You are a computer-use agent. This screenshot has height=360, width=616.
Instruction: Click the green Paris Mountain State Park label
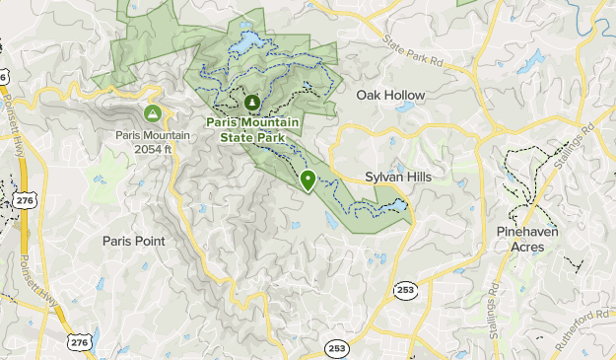coord(250,128)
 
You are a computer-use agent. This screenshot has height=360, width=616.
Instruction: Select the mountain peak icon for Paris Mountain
coord(154,113)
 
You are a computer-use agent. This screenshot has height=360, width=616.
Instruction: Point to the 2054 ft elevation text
coord(154,149)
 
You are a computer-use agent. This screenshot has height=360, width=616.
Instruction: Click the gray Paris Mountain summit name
coord(154,136)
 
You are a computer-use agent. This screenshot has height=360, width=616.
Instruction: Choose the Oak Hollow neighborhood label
coord(390,96)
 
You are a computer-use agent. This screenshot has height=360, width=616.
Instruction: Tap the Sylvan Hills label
coord(398,177)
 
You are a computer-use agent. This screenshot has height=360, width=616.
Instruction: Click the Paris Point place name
coord(134,241)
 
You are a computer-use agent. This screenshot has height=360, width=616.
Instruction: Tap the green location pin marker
coord(308,180)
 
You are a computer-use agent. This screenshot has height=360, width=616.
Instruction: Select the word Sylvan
coord(384,177)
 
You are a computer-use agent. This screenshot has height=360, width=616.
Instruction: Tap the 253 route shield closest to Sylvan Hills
coord(404,289)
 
